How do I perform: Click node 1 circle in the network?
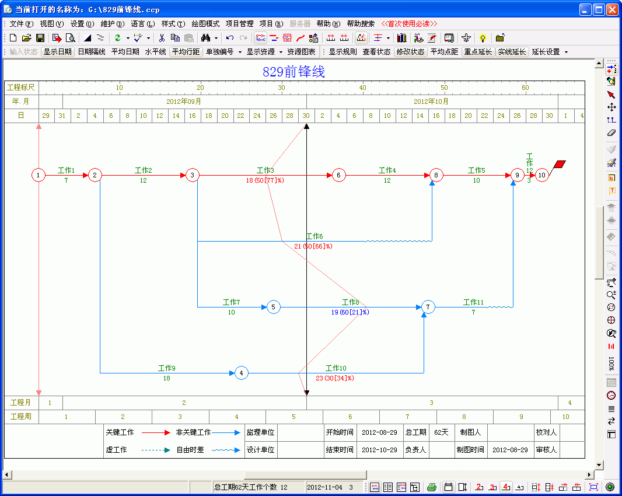(x=39, y=175)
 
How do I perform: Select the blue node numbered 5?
(x=273, y=307)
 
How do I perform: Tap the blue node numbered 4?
(x=241, y=373)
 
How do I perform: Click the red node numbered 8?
(x=436, y=175)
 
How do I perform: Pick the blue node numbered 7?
(x=428, y=307)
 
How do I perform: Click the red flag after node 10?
(x=560, y=165)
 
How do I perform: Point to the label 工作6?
(x=315, y=236)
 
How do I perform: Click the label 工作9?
(x=167, y=368)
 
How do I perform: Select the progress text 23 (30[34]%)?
(x=335, y=378)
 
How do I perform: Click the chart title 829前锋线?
(x=293, y=72)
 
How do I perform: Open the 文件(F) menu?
(x=22, y=24)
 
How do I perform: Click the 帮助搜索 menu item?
(x=361, y=24)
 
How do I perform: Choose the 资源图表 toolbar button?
(x=301, y=52)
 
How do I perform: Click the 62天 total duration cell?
(x=441, y=432)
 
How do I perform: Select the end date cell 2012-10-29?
(x=379, y=449)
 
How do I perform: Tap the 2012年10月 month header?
(x=431, y=102)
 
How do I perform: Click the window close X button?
(x=612, y=9)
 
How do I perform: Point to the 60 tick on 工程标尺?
(x=525, y=88)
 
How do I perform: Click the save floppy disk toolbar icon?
(x=40, y=38)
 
